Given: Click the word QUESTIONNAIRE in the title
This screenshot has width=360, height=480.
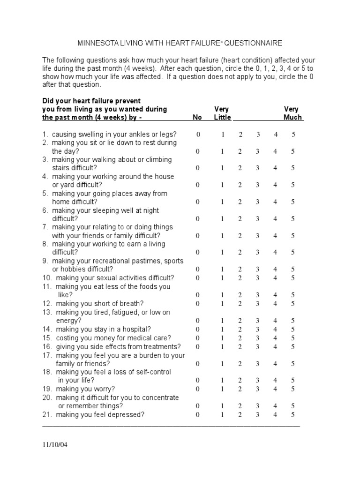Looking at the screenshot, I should pyautogui.click(x=253, y=43).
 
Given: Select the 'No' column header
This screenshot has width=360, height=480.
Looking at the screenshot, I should pyautogui.click(x=197, y=117).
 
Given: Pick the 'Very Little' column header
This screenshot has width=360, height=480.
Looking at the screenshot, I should pyautogui.click(x=222, y=113).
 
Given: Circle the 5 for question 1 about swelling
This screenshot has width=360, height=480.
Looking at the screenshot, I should pyautogui.click(x=293, y=135).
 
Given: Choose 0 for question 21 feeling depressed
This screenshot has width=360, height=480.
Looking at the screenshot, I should pyautogui.click(x=198, y=414).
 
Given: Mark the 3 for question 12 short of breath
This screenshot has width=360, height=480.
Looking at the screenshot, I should pyautogui.click(x=258, y=303).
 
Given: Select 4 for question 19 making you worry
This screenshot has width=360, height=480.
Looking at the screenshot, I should pyautogui.click(x=276, y=389).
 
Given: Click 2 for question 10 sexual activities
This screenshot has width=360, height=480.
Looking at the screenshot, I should pyautogui.click(x=240, y=277).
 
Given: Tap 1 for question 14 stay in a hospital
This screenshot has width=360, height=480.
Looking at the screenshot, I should pyautogui.click(x=223, y=329).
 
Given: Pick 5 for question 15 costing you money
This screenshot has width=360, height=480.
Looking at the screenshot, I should pyautogui.click(x=293, y=337).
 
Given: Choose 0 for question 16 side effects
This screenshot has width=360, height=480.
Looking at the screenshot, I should pyautogui.click(x=198, y=346).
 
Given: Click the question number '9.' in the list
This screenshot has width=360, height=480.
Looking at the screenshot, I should pyautogui.click(x=45, y=261).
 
